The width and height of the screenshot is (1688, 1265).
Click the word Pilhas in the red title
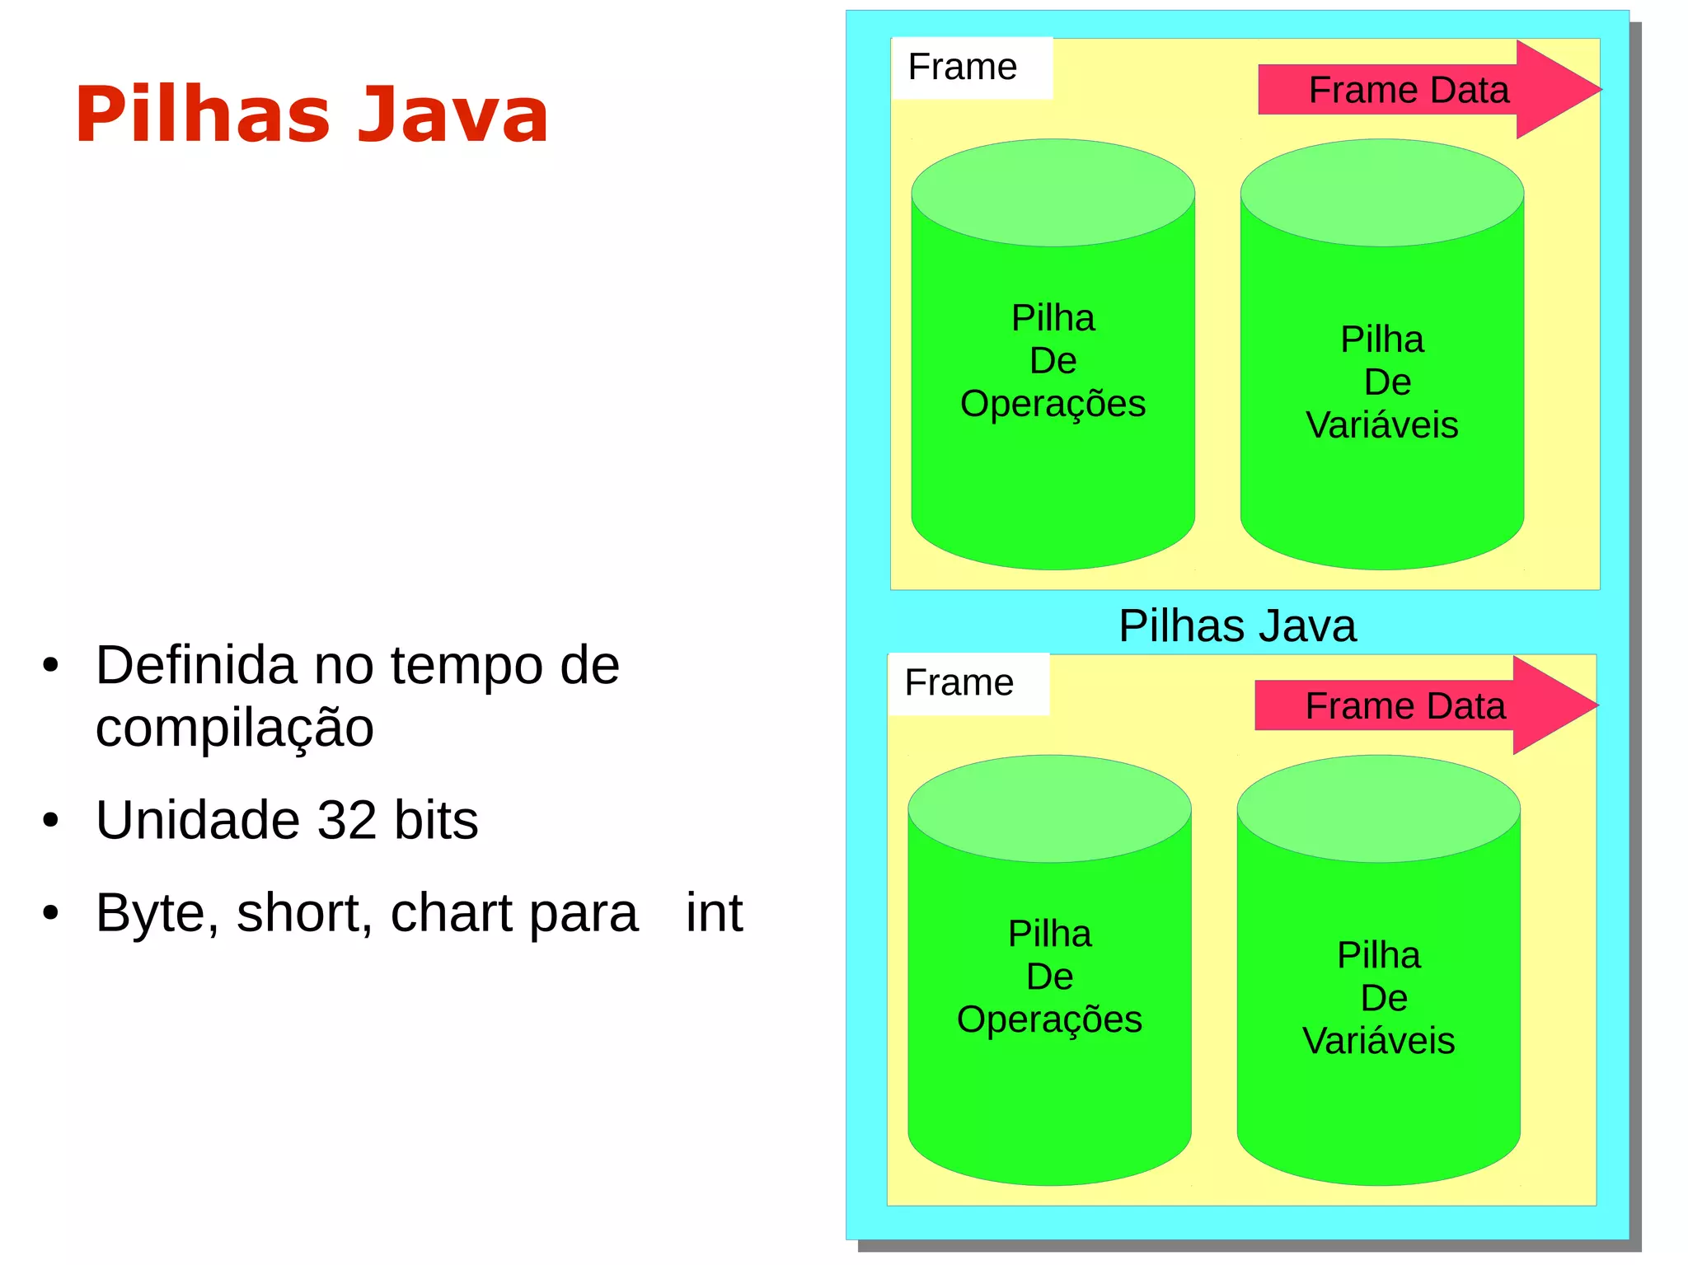coord(203,115)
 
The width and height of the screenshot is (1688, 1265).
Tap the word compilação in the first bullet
coord(234,729)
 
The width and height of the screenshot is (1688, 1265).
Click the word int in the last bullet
coord(714,913)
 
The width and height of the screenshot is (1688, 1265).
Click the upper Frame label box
coord(971,68)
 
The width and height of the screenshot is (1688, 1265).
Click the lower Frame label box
coord(968,683)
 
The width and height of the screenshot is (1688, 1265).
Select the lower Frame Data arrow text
coord(1404,706)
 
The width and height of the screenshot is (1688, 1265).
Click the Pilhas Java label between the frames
coord(1236,626)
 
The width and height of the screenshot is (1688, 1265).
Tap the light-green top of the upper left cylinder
coord(1053,192)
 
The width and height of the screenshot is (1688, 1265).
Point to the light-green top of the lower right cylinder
coord(1378,808)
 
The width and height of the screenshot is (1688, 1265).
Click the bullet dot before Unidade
coord(51,821)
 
